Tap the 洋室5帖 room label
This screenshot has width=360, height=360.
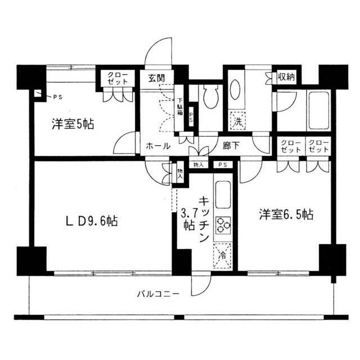tap(74, 124)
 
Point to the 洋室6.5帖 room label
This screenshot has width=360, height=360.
tap(286, 214)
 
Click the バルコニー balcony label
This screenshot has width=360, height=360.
tap(158, 293)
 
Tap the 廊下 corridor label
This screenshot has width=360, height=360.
tap(231, 146)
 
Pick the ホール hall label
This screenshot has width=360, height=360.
tap(158, 146)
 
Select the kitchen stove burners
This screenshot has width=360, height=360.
tap(223, 224)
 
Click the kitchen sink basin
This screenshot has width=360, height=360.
tap(223, 193)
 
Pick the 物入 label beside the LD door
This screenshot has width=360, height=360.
tap(180, 173)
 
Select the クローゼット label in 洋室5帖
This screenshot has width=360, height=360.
tap(117, 78)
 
